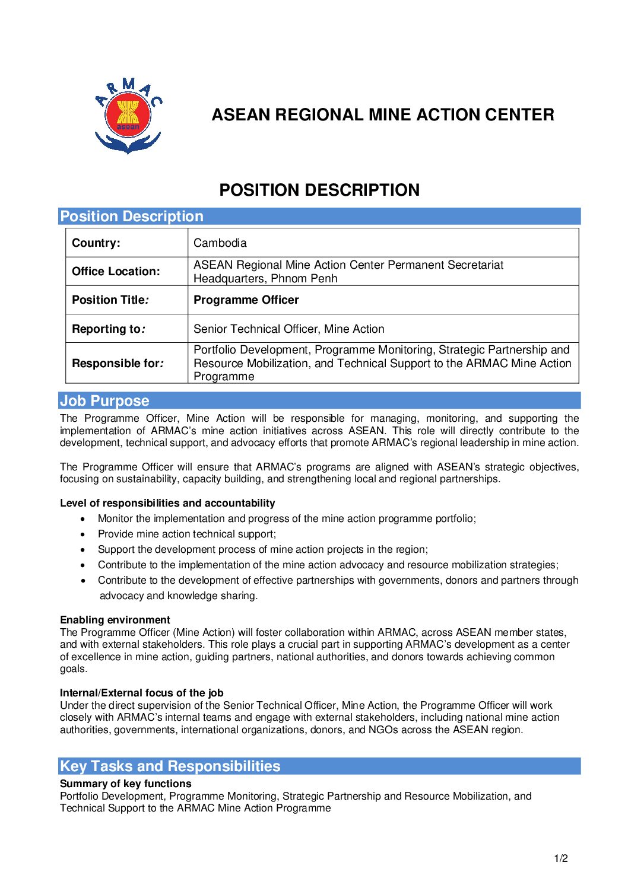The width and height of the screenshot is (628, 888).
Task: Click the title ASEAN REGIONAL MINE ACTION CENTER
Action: click(383, 114)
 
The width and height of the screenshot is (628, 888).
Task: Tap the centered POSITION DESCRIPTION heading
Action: click(319, 190)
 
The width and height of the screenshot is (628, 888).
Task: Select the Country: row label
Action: click(96, 243)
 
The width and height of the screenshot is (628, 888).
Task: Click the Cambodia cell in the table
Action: click(220, 243)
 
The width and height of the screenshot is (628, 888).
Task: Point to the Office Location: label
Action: click(116, 271)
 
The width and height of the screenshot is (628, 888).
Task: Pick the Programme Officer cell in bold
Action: click(246, 300)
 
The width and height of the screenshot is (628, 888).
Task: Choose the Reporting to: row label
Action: click(109, 329)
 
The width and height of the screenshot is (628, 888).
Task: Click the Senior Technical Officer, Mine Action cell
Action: click(288, 329)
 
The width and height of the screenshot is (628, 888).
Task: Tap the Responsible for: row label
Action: click(118, 363)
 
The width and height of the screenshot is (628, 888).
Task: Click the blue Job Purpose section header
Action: click(104, 400)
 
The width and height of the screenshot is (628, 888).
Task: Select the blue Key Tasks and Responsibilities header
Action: click(170, 766)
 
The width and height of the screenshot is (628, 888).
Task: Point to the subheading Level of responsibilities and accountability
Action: click(167, 503)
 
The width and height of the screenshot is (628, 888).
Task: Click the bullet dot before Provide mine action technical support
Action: click(83, 534)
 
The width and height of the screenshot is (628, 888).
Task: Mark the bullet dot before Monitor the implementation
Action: click(83, 519)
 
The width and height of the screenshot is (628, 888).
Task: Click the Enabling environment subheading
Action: click(115, 620)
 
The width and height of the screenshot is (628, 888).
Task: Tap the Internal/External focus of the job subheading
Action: click(141, 693)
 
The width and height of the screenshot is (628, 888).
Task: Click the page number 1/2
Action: click(561, 858)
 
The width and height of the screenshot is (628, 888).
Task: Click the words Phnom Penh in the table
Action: click(304, 278)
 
